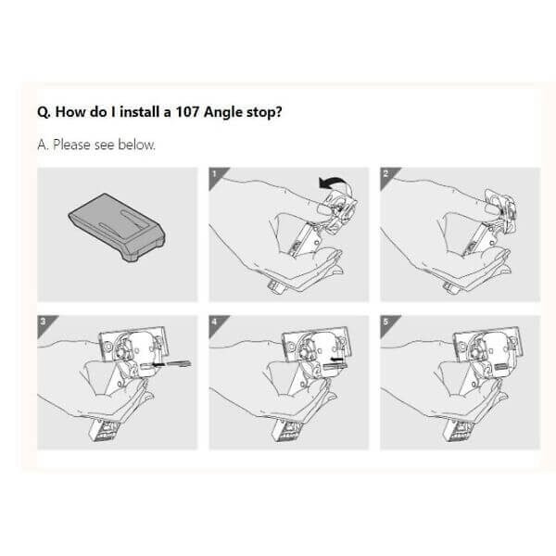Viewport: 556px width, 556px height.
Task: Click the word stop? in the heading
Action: click(264, 113)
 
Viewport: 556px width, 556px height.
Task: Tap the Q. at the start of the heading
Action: click(44, 113)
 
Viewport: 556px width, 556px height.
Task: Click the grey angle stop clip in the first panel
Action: click(117, 227)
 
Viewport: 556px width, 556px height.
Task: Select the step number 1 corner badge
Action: click(216, 175)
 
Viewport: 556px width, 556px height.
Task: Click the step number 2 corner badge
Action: click(387, 175)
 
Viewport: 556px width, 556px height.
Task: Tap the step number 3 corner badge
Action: click(44, 323)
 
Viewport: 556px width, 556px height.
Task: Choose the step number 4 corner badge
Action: click(216, 323)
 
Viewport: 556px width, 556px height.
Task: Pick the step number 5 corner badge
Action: click(387, 323)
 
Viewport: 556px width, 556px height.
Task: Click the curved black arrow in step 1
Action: click(333, 182)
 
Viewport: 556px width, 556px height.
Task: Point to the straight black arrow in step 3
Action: click(170, 364)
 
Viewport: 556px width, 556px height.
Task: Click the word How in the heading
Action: click(70, 112)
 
